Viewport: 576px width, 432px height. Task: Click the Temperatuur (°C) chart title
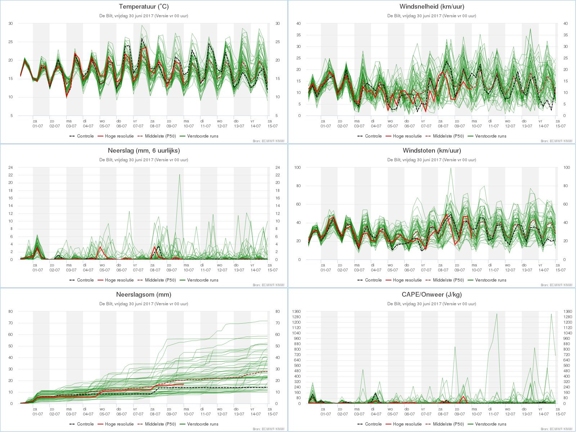pos(144,6)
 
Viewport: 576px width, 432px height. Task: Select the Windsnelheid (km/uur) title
pos(432,6)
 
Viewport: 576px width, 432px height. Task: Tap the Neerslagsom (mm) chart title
pos(144,294)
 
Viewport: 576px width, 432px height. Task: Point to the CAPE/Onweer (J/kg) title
pos(432,294)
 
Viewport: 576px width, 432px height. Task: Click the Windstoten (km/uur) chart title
pos(432,150)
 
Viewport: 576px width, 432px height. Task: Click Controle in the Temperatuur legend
pos(85,136)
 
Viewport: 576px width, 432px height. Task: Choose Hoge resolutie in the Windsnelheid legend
pos(407,136)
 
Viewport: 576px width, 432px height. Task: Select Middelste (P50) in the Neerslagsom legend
pos(160,424)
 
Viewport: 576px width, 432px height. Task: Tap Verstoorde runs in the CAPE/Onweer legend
pos(491,424)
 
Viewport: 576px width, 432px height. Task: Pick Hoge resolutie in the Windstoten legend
pos(407,280)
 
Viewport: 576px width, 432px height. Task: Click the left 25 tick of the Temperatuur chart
pos(10,42)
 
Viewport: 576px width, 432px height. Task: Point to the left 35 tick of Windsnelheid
pos(298,35)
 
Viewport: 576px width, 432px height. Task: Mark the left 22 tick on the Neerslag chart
pos(10,175)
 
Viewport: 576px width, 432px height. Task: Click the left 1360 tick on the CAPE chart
pos(297,312)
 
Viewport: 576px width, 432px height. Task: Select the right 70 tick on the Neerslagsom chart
pos(277,323)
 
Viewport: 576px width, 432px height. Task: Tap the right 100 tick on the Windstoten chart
pos(567,168)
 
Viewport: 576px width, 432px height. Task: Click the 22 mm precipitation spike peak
pos(180,175)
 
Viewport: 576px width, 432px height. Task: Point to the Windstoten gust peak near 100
pos(451,168)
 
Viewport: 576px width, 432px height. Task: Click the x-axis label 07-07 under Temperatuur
pos(138,126)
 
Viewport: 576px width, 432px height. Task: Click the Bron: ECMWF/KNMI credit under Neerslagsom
pos(269,429)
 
